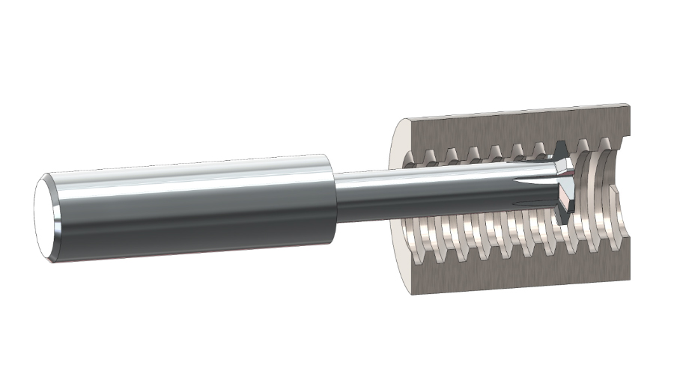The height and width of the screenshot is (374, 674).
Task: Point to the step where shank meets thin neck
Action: pyautogui.click(x=334, y=198)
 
